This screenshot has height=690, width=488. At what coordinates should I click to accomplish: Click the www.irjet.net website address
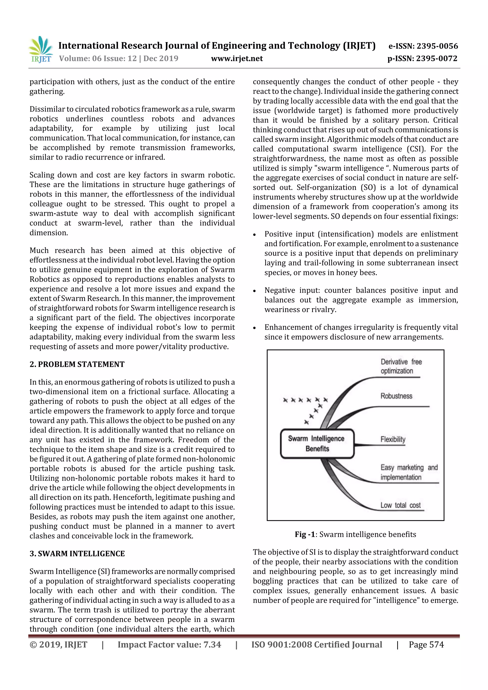tap(237, 58)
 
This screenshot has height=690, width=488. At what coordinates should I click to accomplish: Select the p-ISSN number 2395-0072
tap(422, 58)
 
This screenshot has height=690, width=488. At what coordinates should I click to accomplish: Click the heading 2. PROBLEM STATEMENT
tap(77, 364)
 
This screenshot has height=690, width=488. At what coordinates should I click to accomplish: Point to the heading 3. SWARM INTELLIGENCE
tap(77, 554)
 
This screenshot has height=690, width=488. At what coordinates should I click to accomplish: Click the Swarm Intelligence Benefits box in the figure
tap(317, 443)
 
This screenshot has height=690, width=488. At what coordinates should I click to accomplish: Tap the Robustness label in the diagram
tap(396, 396)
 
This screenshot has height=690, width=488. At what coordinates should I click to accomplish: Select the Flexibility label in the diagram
tap(393, 439)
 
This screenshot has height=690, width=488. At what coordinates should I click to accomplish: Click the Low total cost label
tap(401, 505)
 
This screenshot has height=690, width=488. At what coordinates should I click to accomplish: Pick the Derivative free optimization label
tap(401, 366)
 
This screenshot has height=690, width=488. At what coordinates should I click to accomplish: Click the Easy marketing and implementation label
tap(409, 472)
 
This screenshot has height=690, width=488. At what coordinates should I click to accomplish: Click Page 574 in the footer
tap(426, 645)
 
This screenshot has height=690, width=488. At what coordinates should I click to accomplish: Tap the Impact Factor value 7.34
tap(169, 645)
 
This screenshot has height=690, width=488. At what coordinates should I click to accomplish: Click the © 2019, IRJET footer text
tap(58, 645)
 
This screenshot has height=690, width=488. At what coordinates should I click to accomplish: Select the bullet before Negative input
tap(254, 291)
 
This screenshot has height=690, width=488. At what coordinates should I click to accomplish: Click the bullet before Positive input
tap(254, 235)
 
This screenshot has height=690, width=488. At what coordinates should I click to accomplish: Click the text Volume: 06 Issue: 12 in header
tap(98, 58)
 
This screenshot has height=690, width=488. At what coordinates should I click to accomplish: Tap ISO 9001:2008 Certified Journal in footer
tap(317, 645)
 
